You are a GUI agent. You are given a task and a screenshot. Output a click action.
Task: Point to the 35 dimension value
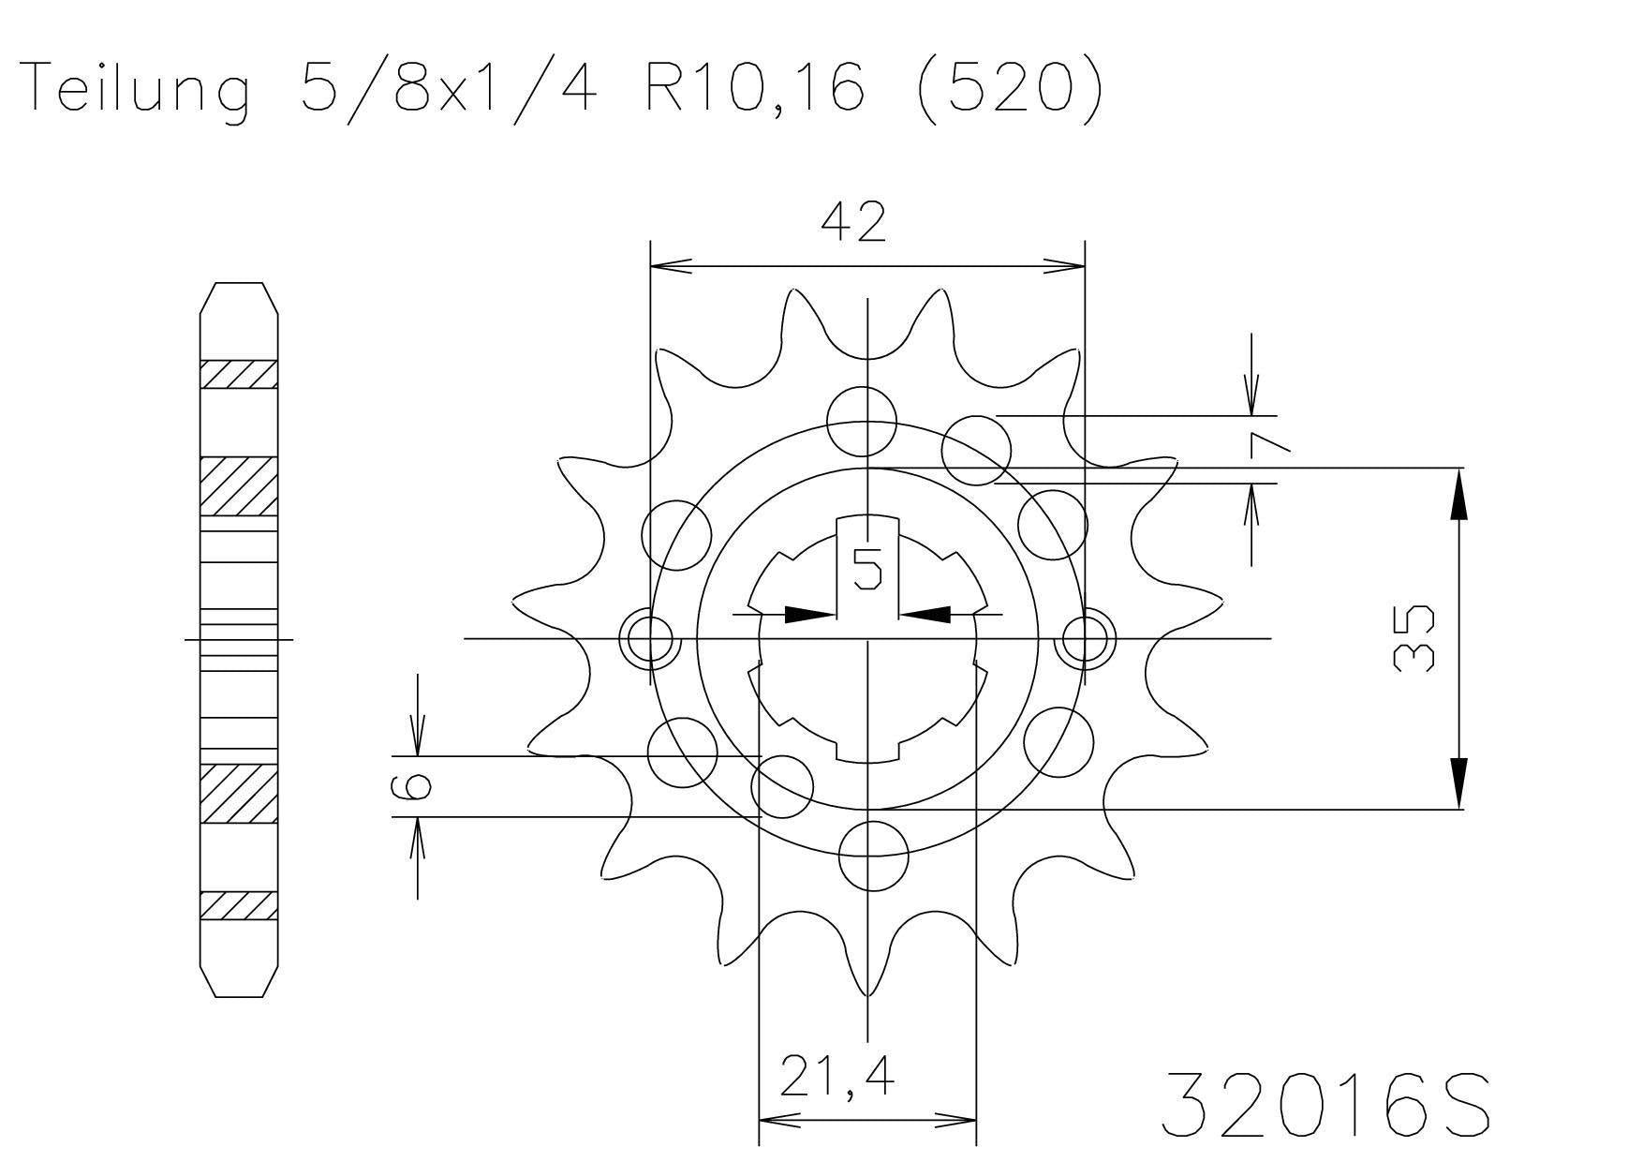tap(1414, 638)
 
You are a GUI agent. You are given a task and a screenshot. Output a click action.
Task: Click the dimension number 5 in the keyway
tap(866, 569)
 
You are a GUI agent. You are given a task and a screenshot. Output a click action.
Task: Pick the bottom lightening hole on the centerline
tap(873, 856)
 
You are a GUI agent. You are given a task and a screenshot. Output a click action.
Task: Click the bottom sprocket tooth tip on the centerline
tap(868, 991)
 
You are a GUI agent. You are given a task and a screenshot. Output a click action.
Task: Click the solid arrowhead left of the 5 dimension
tap(807, 615)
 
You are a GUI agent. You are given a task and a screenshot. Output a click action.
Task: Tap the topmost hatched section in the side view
tap(239, 374)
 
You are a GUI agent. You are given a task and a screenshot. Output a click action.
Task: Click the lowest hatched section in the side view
tap(239, 905)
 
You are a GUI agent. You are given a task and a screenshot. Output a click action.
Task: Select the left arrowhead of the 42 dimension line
tap(671, 266)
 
